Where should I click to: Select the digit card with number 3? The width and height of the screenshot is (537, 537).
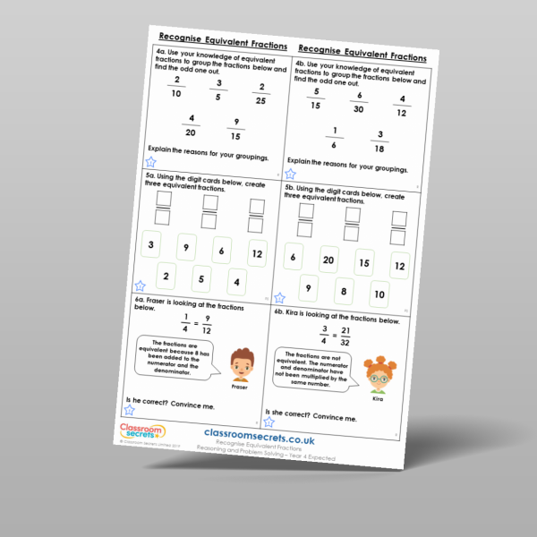(152, 244)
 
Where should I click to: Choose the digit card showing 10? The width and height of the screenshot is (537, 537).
(379, 294)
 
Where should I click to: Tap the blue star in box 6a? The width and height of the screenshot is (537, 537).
(132, 409)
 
